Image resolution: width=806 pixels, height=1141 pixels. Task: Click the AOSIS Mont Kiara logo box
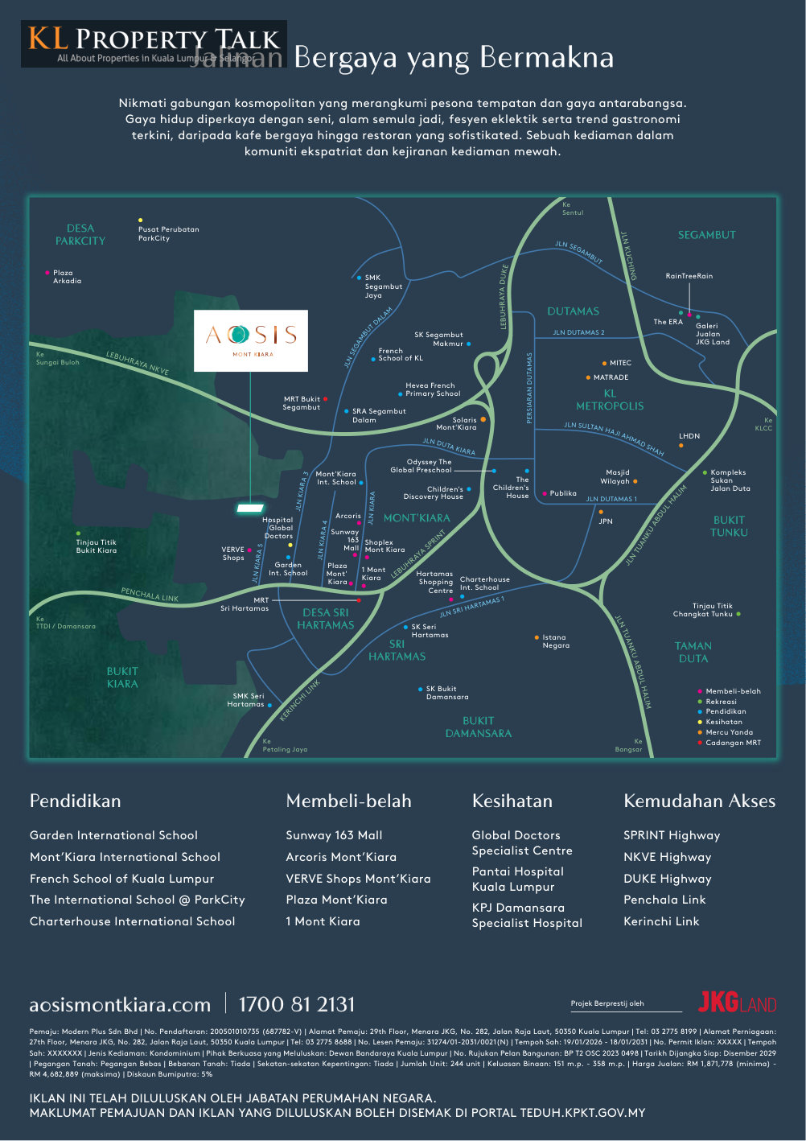[x=251, y=340]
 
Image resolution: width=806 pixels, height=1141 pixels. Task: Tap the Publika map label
[x=563, y=493]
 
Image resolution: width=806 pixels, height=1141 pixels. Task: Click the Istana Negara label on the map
[x=556, y=641]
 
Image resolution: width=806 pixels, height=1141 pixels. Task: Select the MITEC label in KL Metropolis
[x=620, y=363]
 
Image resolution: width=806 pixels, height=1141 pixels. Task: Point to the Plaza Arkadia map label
[x=67, y=277]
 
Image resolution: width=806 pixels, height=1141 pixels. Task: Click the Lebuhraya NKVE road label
[x=138, y=363]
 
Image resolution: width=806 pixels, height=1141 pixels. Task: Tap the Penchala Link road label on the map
[x=150, y=595]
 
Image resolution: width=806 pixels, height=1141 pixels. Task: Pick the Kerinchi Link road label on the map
[x=299, y=699]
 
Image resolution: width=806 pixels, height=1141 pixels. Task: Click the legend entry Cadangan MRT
[x=732, y=743]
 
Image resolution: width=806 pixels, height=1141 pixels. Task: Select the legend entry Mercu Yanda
[x=729, y=732]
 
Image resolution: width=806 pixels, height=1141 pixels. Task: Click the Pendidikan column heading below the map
[x=75, y=801]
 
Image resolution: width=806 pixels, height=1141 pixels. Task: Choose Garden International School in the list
[x=113, y=835]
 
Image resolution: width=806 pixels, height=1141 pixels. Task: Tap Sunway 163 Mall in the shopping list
[x=334, y=835]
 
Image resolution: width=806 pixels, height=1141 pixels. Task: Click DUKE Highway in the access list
[x=667, y=879]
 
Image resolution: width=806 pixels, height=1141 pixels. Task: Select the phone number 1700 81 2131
[x=296, y=1004]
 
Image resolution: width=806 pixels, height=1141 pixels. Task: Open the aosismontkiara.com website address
[x=120, y=1005]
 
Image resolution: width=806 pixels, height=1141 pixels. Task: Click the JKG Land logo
[x=737, y=1003]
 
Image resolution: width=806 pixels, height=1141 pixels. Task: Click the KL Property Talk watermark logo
[x=153, y=44]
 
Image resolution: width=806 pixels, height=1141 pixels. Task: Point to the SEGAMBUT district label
[x=706, y=235]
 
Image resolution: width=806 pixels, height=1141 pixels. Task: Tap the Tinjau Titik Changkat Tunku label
[x=702, y=610]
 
